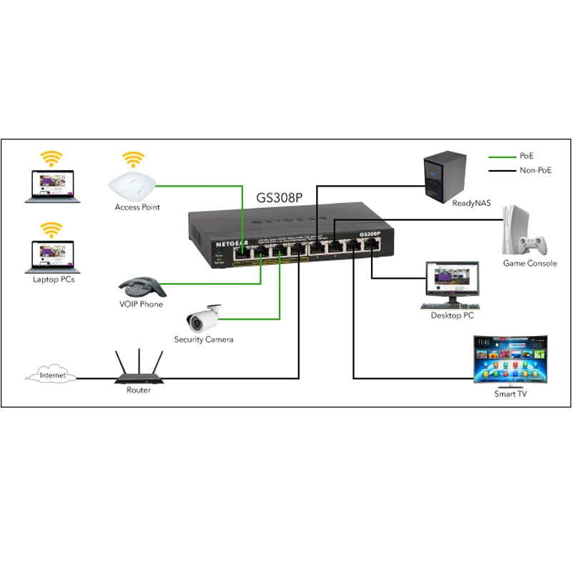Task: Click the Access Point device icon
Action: (132, 185)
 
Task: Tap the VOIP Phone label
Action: (141, 305)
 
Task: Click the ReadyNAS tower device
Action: (446, 174)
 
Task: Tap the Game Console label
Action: (531, 263)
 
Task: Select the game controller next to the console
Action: (533, 245)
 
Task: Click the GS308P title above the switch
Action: (280, 197)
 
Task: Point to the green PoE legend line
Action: (503, 155)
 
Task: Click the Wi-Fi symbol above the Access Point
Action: (132, 158)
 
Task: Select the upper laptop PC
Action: (50, 184)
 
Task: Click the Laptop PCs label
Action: (54, 279)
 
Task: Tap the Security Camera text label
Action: (204, 340)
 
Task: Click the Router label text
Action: (139, 390)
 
